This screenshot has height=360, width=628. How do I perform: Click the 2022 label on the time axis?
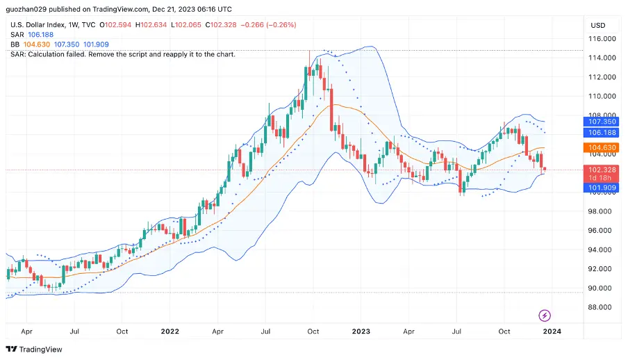[x=170, y=332]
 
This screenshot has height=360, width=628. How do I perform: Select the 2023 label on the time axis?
[x=361, y=332]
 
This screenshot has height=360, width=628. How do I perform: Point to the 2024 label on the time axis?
[x=552, y=332]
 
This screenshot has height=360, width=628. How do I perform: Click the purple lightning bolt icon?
[x=545, y=316]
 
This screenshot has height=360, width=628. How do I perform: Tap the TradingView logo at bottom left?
[x=34, y=349]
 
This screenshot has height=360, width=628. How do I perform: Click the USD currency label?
[x=597, y=25]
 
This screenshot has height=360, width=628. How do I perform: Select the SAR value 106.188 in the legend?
[x=40, y=35]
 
